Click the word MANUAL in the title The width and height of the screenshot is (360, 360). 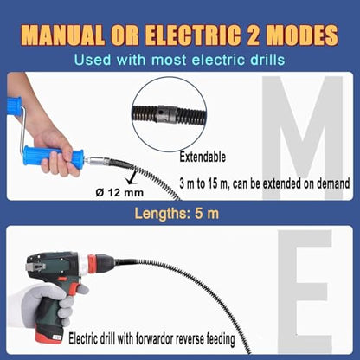[62, 35]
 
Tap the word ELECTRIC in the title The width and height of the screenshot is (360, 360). [192, 35]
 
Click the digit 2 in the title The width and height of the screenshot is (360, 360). [253, 35]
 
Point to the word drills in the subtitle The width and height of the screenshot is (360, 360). [265, 60]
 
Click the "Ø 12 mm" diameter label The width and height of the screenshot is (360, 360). [119, 192]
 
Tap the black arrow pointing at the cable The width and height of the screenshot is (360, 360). [132, 177]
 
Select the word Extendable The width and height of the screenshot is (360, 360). [202, 157]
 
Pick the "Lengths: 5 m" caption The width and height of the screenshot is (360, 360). [177, 214]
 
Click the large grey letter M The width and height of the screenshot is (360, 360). [302, 138]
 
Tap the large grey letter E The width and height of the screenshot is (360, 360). [305, 292]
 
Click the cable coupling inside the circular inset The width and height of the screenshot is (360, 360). [166, 114]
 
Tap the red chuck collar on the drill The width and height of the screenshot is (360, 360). [92, 265]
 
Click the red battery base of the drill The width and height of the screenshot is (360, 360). [49, 337]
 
